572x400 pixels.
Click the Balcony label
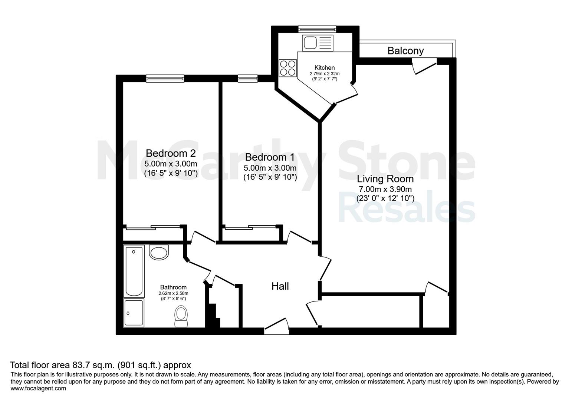pos(405,51)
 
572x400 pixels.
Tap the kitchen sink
pos(318,43)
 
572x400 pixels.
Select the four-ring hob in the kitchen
pos(288,68)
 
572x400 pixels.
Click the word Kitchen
pos(324,67)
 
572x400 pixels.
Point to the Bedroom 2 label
pos(171,153)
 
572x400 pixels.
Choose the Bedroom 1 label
pos(270,157)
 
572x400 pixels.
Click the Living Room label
pos(385,179)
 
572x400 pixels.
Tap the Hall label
pos(280,286)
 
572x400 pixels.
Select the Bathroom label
pos(173,287)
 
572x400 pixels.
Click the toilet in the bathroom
pos(181,316)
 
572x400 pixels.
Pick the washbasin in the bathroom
pos(159,252)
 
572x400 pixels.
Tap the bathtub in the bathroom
pos(134,271)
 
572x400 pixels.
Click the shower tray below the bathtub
pos(134,313)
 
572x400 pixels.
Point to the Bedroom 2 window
pos(165,79)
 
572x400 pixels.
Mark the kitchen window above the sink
pos(318,29)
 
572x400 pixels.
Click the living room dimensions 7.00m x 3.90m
pos(385,189)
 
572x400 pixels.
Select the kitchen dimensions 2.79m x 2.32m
pos(325,74)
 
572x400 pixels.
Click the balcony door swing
pos(424,66)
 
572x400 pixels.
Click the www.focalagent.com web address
pos(38,389)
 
